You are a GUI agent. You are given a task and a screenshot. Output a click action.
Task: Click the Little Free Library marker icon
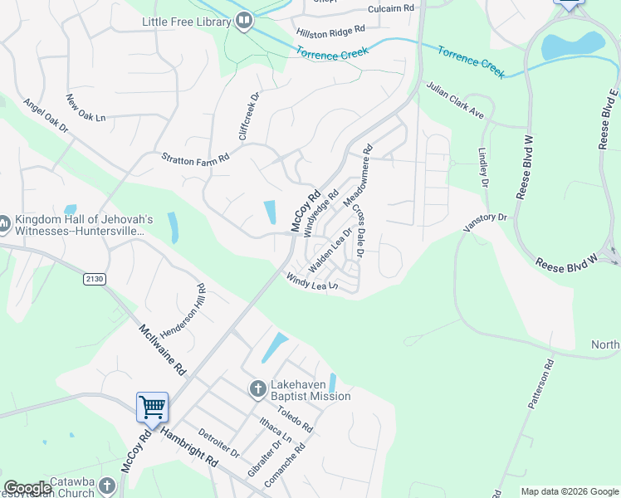pos(243,21)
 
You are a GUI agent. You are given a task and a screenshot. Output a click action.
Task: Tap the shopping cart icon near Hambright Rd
pos(153,407)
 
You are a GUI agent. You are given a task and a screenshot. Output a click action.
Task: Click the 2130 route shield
pos(95,280)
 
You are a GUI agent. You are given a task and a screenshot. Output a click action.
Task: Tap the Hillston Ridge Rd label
pos(330,31)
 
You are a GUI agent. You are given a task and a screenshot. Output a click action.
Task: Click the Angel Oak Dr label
pos(46,115)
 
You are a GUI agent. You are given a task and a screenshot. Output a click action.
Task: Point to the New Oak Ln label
pos(86,108)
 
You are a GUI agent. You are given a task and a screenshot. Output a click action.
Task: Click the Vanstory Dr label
pos(485,218)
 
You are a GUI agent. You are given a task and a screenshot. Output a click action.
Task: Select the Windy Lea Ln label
pos(312,282)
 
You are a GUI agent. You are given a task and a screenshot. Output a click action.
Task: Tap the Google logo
pos(27,488)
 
